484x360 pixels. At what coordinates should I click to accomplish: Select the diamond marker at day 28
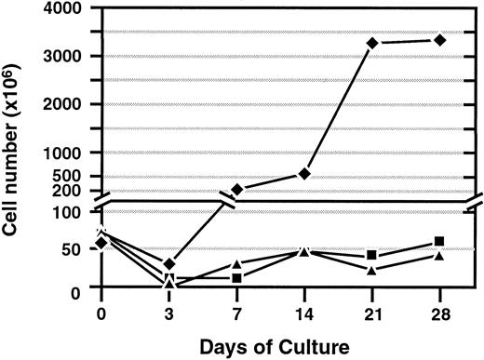[x=439, y=40]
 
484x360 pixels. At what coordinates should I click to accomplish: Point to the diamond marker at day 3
[x=168, y=264]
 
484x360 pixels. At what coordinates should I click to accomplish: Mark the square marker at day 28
[x=439, y=242]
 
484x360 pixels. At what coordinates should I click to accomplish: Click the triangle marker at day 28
[x=439, y=256]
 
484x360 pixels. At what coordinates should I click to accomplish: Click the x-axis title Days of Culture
[x=270, y=346]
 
